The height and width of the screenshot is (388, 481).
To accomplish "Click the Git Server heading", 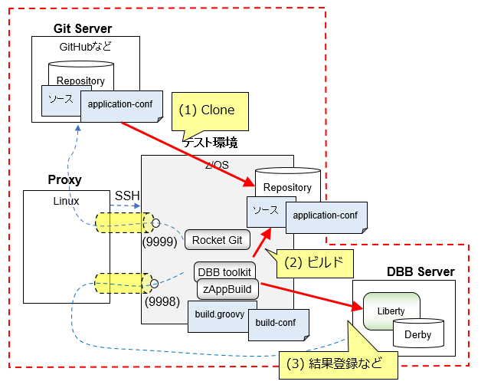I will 83,28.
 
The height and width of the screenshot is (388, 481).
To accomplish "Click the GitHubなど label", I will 86,47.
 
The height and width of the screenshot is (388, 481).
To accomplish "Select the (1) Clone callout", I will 207,110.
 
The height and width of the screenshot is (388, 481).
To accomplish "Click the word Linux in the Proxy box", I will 66,201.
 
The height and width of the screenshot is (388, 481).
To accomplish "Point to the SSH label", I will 126,196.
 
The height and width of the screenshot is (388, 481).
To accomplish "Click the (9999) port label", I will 160,242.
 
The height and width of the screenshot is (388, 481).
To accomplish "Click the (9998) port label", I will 160,302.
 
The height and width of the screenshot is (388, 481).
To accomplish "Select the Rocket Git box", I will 217,240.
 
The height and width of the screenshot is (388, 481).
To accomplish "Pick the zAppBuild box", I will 228,290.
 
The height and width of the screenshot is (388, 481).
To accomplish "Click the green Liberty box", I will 391,311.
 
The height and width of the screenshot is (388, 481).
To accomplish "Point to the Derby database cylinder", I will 418,334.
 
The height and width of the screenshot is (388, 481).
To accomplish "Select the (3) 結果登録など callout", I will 335,362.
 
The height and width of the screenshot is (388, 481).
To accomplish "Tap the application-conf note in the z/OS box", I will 325,215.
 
